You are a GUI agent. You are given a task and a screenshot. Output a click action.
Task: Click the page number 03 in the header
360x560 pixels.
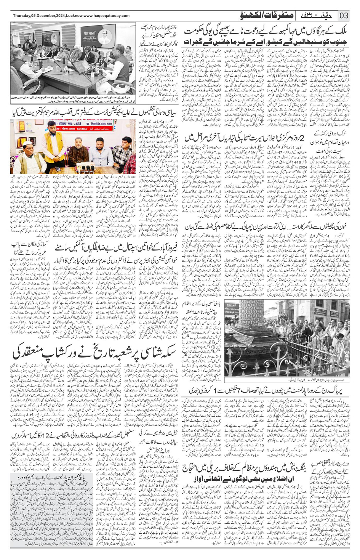(x=344, y=16)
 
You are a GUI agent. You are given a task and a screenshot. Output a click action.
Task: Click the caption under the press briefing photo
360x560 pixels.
(x=73, y=99)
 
